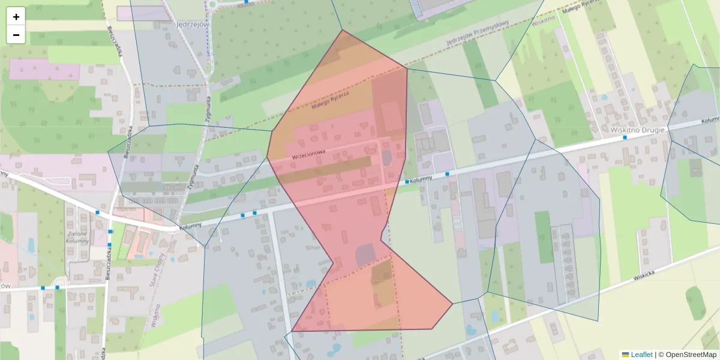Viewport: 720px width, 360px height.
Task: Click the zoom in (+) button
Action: pos(16,17)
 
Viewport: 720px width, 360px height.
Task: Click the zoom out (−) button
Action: pos(16,35)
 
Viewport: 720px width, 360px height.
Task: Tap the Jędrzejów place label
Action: pos(175,25)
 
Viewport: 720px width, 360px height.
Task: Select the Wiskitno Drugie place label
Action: pos(638,130)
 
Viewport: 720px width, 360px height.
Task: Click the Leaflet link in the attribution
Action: pos(641,355)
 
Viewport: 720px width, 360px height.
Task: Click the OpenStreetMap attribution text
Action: pos(691,355)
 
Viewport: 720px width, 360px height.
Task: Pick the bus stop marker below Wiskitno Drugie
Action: pos(625,137)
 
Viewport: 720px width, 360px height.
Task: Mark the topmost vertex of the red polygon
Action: pos(342,30)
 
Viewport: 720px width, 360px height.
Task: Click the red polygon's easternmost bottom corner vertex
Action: pos(452,304)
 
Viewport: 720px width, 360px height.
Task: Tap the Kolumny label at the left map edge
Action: pos(5,173)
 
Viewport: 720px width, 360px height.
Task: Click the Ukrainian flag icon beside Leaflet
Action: pos(626,355)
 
